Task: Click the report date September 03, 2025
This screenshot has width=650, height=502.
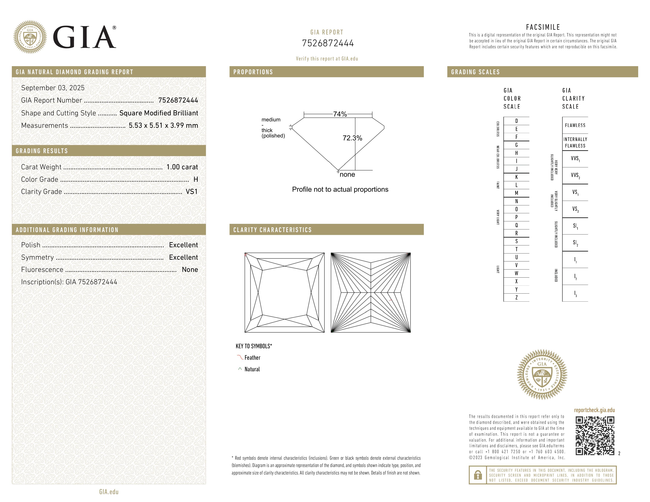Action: (53, 88)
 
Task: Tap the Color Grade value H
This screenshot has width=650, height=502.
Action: (196, 179)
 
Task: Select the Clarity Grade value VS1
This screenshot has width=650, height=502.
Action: (191, 192)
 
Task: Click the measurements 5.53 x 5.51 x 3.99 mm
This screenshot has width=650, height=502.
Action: (163, 126)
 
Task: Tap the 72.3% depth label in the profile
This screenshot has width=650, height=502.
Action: (352, 138)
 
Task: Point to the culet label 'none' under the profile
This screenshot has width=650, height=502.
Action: (347, 175)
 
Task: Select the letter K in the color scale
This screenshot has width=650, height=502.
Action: (516, 177)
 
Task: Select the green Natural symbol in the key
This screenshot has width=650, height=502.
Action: (240, 369)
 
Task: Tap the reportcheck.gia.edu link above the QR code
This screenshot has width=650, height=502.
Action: (594, 410)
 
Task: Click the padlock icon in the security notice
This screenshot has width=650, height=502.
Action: (478, 475)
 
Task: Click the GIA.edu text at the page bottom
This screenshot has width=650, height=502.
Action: (109, 492)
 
